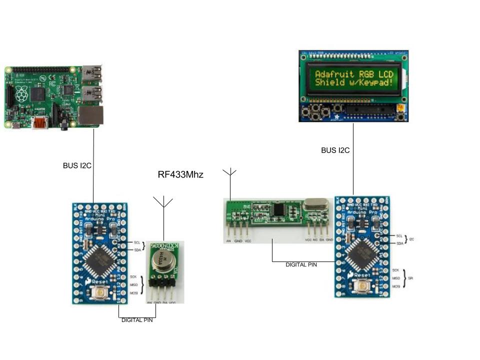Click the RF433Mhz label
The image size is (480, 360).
[180, 174]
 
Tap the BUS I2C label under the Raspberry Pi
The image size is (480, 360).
[76, 165]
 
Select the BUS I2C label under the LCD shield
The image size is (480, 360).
[335, 150]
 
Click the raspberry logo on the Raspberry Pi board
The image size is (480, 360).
[21, 92]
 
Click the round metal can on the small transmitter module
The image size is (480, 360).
[163, 261]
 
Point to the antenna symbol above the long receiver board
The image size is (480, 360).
[229, 173]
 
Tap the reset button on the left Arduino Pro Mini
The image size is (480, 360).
[101, 292]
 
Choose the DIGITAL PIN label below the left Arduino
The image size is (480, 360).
[136, 320]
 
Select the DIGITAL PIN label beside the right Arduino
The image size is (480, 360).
[301, 264]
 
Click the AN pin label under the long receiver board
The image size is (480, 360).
[228, 240]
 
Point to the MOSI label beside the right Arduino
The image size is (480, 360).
[396, 286]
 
